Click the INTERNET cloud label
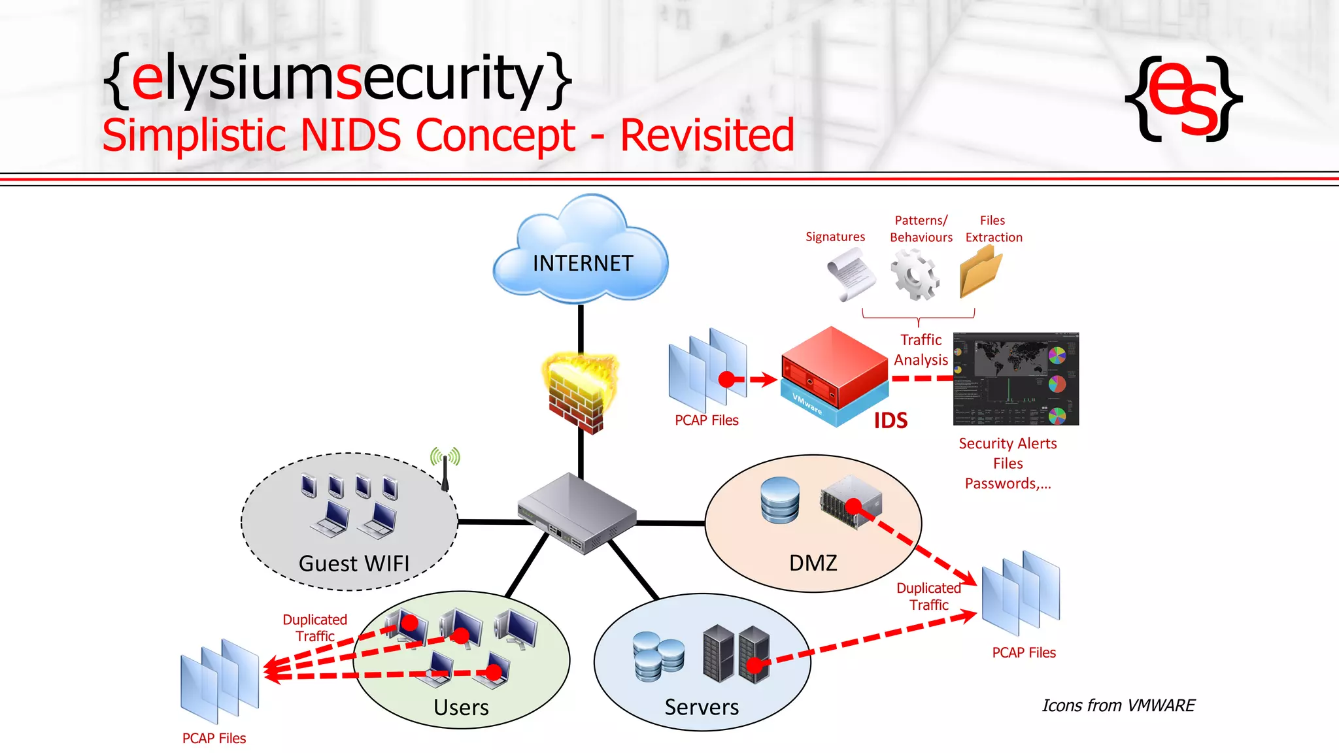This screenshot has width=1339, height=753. [583, 263]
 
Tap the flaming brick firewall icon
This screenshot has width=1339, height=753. [579, 392]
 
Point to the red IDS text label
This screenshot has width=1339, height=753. [890, 421]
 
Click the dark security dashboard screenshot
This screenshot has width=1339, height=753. [1015, 379]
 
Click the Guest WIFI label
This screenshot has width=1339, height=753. [354, 563]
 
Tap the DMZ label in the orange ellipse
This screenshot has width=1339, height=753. [813, 563]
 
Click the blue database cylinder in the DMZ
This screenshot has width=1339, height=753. [780, 500]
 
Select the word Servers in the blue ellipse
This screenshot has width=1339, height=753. [702, 707]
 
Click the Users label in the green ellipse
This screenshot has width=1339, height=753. [461, 707]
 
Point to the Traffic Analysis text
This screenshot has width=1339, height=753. [921, 350]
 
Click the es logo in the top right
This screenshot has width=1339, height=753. [1183, 99]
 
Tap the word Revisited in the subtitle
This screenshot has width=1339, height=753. [707, 136]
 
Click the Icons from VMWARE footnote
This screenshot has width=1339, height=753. [1118, 705]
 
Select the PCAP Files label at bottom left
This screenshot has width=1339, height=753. [214, 738]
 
